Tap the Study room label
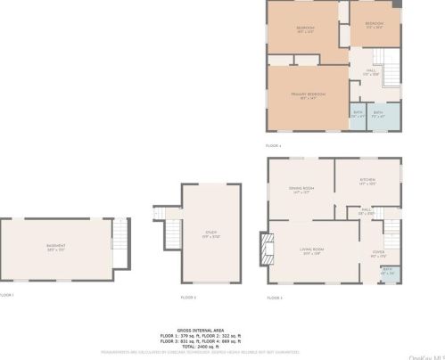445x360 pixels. [x=211, y=234]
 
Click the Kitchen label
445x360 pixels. [x=367, y=181]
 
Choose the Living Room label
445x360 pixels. [x=310, y=250]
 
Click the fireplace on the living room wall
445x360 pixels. [x=263, y=249]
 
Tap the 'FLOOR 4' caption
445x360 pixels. [x=273, y=144]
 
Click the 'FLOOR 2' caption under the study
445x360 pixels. [x=187, y=297]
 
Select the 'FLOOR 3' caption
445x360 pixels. [x=274, y=297]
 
